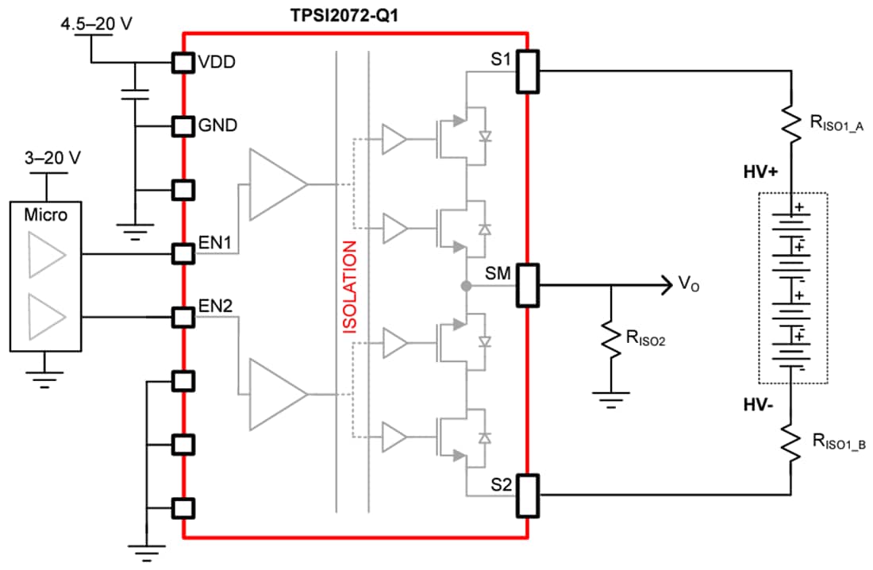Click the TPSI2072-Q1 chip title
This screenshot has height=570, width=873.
356,14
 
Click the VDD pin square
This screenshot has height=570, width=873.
183,62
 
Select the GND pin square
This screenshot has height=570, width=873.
183,125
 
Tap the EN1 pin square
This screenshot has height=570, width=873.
183,254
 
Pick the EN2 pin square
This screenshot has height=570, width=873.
183,318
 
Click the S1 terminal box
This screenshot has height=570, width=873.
528,70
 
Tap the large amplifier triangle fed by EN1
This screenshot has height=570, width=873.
276,184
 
